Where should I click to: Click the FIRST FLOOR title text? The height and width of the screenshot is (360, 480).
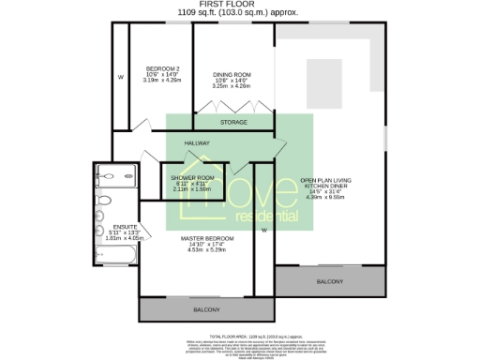coord(240,5)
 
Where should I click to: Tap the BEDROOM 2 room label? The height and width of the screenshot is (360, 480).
coord(163,67)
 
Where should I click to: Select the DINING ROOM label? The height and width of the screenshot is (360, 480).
coord(231,74)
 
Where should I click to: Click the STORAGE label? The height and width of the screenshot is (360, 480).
coord(233,123)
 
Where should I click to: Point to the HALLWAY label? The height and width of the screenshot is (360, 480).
coord(197,143)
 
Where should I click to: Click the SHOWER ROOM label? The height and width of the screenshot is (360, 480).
coord(192,177)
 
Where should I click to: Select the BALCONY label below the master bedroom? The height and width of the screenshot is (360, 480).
coord(206,309)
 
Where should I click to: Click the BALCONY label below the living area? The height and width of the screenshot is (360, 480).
coord(330,281)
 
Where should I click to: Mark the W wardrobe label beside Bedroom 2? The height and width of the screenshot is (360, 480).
coord(120,76)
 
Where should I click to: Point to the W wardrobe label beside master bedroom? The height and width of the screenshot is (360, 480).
coord(264,229)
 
